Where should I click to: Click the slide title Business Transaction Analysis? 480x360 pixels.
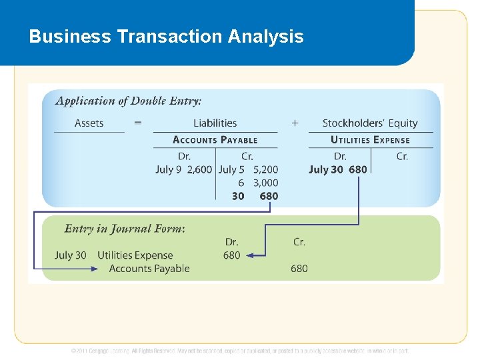pos(166,36)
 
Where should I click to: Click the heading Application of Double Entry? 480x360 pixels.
pos(128,101)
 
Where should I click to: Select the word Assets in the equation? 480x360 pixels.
pos(89,123)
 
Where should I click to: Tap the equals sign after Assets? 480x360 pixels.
pos(138,123)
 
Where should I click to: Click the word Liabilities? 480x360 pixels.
pos(215,123)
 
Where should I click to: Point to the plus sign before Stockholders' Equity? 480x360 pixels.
pos(295,123)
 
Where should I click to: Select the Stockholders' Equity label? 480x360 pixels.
pos(370,123)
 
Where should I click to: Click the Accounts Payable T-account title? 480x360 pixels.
pos(215,140)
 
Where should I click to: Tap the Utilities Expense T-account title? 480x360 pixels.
pos(370,140)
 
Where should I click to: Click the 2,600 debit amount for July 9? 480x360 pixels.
pos(199,169)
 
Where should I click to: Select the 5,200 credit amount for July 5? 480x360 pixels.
pos(265,169)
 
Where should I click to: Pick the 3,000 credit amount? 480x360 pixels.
pos(265,183)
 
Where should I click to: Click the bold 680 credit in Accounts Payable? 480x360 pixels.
pos(269,196)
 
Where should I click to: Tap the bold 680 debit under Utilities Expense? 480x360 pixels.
pos(358,169)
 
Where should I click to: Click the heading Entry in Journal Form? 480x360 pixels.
pos(125,229)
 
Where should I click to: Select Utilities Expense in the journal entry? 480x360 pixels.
pos(135,255)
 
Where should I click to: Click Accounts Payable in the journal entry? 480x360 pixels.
pos(149,269)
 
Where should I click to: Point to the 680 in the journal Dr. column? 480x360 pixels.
pos(231,255)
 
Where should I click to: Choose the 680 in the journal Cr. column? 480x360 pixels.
pos(299,269)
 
